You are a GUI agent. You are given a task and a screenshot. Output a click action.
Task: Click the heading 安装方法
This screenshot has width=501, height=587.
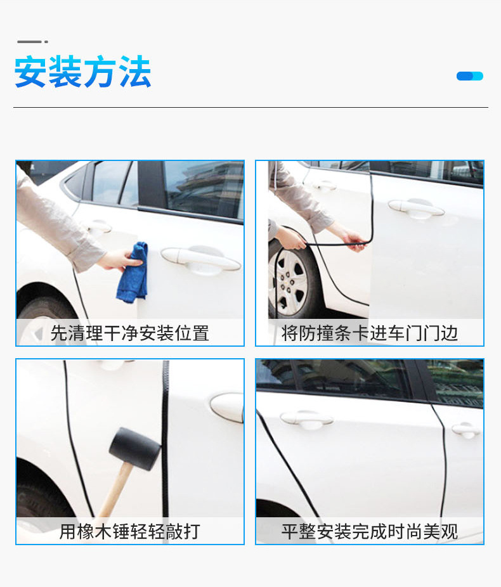[x=82, y=72]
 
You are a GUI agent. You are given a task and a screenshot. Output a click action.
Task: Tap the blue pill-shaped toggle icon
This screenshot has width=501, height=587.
[x=469, y=76]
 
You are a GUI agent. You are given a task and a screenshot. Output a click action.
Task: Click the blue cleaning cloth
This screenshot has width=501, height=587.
[x=133, y=273]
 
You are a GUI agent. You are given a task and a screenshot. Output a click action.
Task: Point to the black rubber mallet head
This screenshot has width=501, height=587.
[x=135, y=449]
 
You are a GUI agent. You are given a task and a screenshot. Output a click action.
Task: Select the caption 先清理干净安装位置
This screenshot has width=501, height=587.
[x=129, y=333]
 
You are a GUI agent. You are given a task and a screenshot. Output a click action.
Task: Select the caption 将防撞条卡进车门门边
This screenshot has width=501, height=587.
[x=370, y=333]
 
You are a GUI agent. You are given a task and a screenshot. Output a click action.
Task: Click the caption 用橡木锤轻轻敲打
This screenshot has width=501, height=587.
[x=129, y=532]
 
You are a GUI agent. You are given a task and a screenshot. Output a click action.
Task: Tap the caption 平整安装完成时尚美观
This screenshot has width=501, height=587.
[x=370, y=532]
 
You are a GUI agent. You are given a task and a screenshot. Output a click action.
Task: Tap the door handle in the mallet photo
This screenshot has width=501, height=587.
[x=227, y=408]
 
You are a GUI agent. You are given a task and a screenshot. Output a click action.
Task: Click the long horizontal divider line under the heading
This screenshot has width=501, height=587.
[x=251, y=107]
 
